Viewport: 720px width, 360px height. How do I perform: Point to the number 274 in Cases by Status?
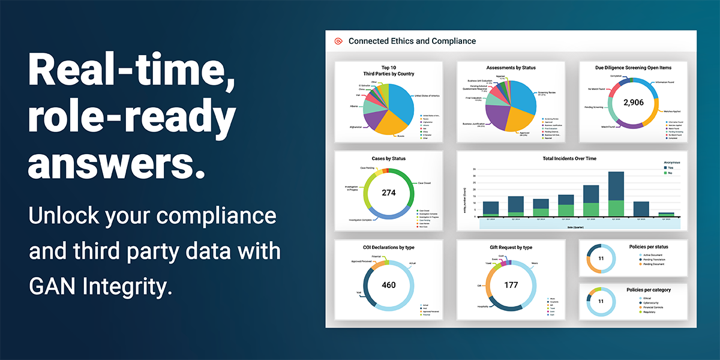pyautogui.click(x=389, y=193)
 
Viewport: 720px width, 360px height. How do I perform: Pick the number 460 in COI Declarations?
pyautogui.click(x=389, y=285)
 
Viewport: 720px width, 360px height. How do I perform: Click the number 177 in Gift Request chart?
pyautogui.click(x=511, y=285)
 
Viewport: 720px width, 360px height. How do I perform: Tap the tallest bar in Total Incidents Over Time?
pyautogui.click(x=616, y=194)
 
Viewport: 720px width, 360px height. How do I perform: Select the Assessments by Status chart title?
pyautogui.click(x=511, y=68)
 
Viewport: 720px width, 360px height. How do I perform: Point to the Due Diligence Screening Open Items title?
pyautogui.click(x=633, y=68)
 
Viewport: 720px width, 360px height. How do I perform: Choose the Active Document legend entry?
pyautogui.click(x=652, y=255)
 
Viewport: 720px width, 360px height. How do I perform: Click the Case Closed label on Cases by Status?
pyautogui.click(x=425, y=183)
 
